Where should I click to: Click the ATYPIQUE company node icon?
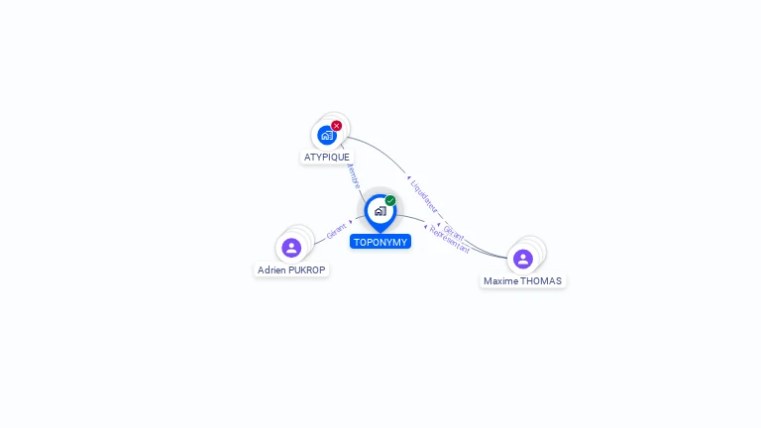[327, 135]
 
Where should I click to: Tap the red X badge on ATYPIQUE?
[337, 126]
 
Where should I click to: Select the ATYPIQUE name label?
[327, 157]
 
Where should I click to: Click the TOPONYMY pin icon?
[380, 211]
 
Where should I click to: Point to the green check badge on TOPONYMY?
[390, 200]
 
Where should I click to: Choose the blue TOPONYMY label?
[380, 242]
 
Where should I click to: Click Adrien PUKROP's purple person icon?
[291, 248]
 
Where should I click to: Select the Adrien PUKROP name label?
[291, 269]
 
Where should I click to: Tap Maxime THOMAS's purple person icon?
[523, 259]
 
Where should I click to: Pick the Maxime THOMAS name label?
[522, 280]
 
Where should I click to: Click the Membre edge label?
[352, 176]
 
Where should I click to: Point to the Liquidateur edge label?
[424, 194]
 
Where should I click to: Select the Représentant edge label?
[450, 241]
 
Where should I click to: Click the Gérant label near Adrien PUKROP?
[337, 231]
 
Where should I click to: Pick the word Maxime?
[500, 280]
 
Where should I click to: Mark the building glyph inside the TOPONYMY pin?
[380, 211]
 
